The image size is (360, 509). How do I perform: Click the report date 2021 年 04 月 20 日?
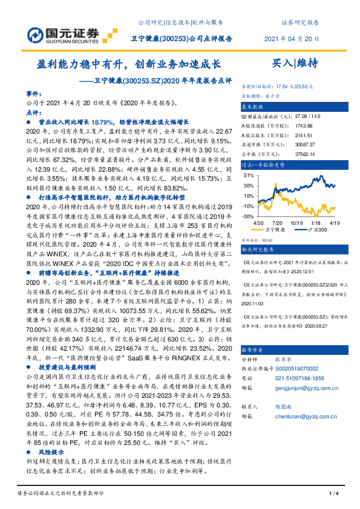tap(291, 39)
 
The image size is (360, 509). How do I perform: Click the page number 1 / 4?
tap(332, 494)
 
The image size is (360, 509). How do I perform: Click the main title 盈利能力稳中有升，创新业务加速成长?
tap(126, 63)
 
